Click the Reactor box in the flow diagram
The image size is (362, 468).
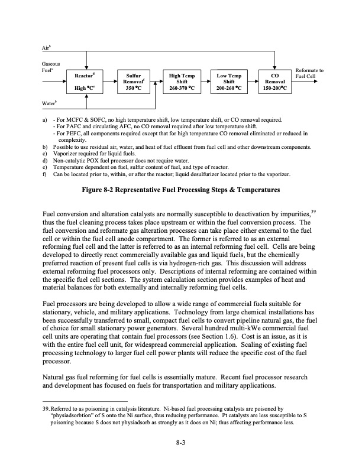point(87,82)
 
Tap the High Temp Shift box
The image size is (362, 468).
point(183,82)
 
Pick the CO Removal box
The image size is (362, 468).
point(275,82)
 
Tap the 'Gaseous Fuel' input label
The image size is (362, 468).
point(49,67)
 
